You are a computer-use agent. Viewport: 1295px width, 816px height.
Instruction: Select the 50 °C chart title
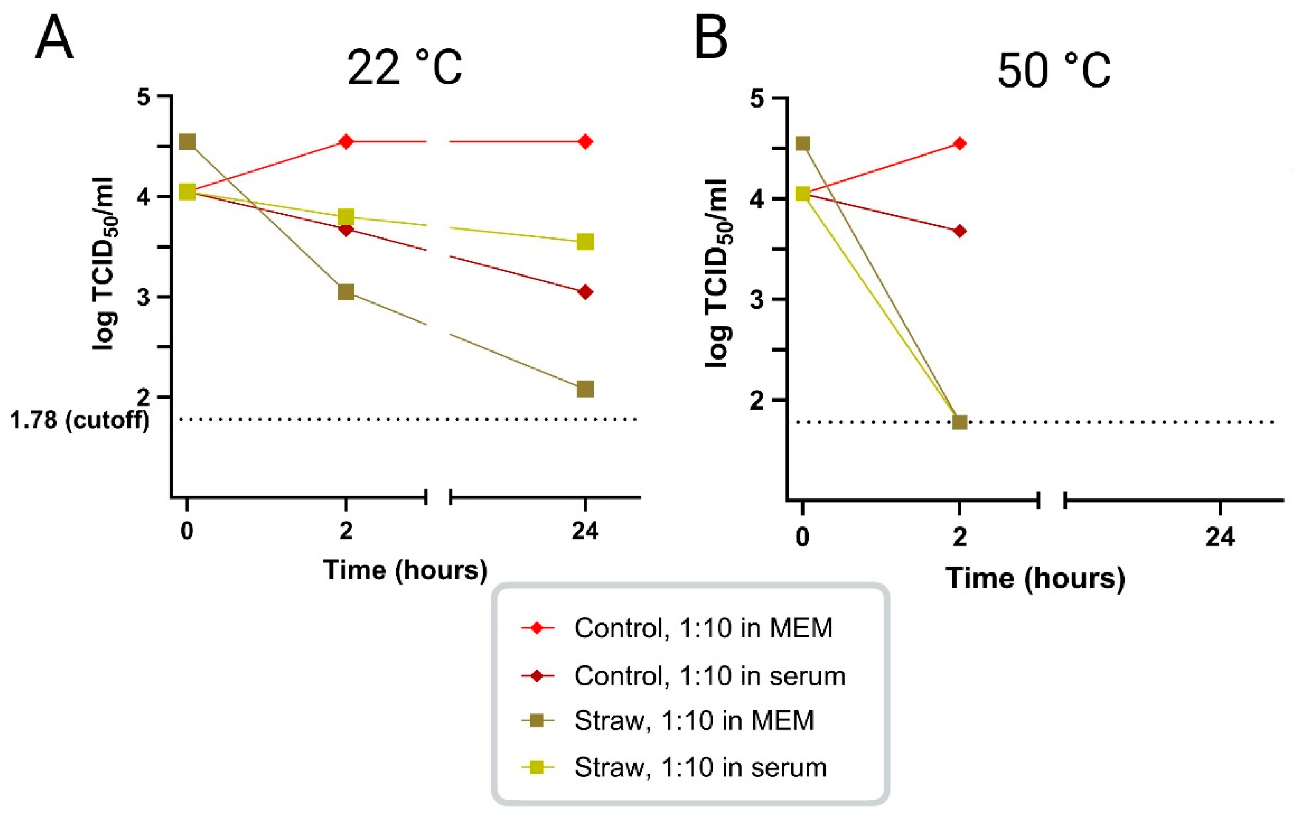(1053, 71)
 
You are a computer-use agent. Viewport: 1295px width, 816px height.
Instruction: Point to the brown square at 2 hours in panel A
(346, 292)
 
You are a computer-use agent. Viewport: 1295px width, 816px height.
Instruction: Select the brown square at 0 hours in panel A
(186, 142)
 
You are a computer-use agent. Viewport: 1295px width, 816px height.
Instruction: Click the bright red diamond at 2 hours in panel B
(959, 144)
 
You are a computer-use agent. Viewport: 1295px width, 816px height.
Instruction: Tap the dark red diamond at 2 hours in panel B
(959, 231)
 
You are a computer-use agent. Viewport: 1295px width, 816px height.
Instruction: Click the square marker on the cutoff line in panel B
(959, 422)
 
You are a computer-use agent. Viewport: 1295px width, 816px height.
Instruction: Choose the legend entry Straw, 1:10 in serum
(700, 768)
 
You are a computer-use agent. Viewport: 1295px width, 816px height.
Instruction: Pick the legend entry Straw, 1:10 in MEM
(694, 721)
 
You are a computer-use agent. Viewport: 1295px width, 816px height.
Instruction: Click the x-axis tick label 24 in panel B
(1220, 537)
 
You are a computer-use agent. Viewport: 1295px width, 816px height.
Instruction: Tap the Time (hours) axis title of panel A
(405, 569)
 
